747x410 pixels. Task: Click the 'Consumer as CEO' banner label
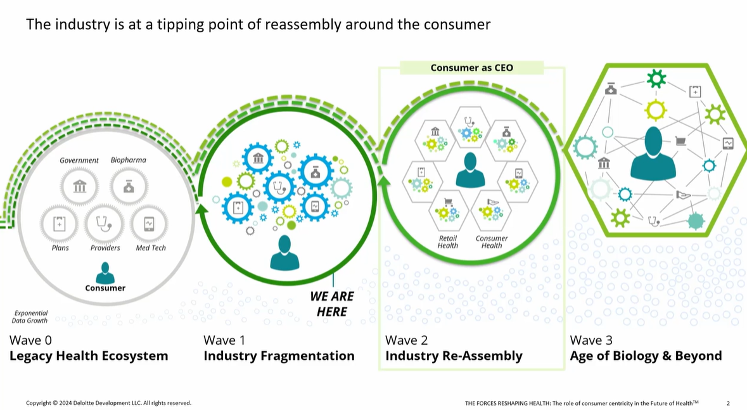472,68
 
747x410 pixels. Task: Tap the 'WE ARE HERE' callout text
332,304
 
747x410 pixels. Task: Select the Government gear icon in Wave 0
80,186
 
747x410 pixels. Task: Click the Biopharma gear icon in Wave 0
129,186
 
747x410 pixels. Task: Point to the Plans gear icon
60,224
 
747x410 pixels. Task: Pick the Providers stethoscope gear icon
104,224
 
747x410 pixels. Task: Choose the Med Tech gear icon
149,224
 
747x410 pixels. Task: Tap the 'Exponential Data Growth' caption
31,317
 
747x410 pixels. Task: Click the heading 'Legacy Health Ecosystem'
89,356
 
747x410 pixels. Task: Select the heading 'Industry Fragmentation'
279,356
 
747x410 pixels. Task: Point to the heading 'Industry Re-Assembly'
454,356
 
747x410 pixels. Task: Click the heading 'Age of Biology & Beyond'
646,356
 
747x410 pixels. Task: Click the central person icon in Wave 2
470,169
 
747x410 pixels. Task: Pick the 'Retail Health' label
448,242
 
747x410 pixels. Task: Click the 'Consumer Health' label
492,242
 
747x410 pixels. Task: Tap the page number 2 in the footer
728,403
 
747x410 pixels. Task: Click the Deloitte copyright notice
108,403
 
